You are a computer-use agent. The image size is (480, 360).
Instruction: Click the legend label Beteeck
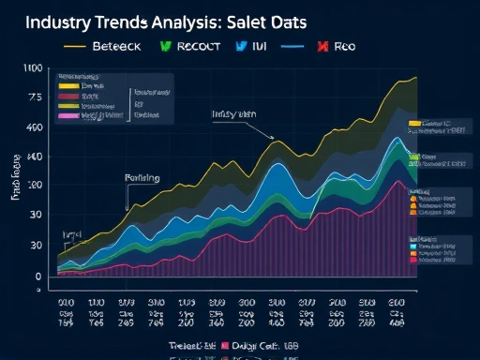(x=115, y=45)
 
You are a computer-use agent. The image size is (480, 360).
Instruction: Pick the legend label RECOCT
(x=194, y=45)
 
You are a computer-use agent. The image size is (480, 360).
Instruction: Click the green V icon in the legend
(x=165, y=45)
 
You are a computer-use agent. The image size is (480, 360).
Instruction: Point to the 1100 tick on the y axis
(x=31, y=68)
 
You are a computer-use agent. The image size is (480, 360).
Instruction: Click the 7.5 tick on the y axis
(x=34, y=97)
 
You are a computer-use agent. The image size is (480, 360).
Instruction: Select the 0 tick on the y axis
(x=37, y=277)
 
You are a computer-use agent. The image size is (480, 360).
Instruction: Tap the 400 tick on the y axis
(x=33, y=127)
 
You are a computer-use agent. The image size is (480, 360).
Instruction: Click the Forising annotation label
(x=142, y=177)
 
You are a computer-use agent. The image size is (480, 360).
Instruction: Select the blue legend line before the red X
(x=292, y=45)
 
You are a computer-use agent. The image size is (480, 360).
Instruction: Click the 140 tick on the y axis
(x=33, y=157)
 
